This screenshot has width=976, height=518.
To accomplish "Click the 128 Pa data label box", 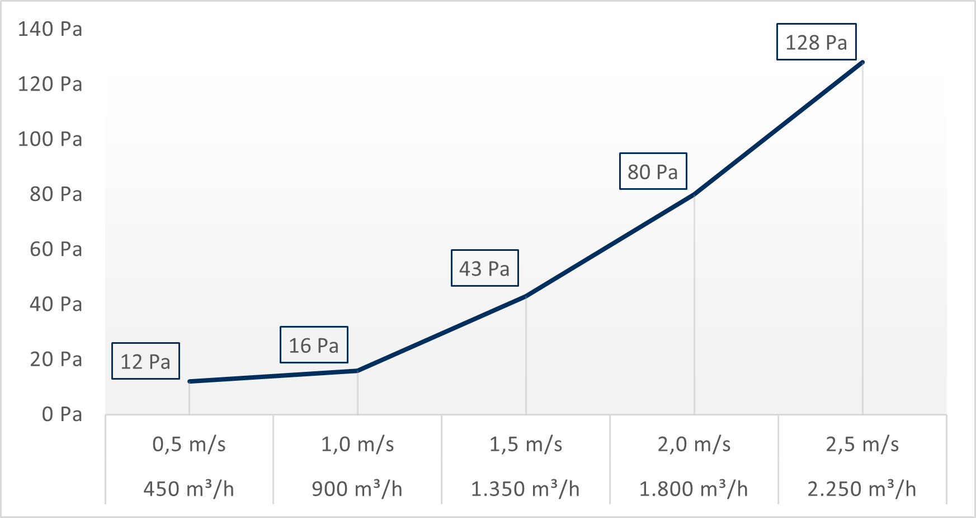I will (816, 42).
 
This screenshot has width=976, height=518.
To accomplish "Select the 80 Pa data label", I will (653, 171).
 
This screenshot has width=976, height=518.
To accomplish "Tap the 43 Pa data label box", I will (484, 268).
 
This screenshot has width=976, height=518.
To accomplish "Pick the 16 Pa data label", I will (314, 345).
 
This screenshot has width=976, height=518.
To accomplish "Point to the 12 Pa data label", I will (145, 361).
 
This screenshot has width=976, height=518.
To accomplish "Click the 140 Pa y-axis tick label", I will (50, 29).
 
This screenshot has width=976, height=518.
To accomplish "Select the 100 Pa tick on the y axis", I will (50, 139).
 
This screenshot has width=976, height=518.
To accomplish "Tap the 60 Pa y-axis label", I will (56, 249).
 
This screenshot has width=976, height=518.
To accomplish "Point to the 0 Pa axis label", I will (62, 414).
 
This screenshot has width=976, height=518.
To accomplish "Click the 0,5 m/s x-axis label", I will (189, 445).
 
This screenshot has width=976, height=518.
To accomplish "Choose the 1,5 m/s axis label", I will (526, 445).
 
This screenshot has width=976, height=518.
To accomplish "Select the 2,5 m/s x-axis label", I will (862, 445).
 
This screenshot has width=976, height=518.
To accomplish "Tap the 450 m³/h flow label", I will (189, 489).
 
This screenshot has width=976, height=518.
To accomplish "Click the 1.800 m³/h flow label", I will (694, 489).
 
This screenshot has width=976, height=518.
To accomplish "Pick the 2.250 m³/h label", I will (862, 489).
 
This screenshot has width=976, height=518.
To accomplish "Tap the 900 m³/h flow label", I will (357, 489).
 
